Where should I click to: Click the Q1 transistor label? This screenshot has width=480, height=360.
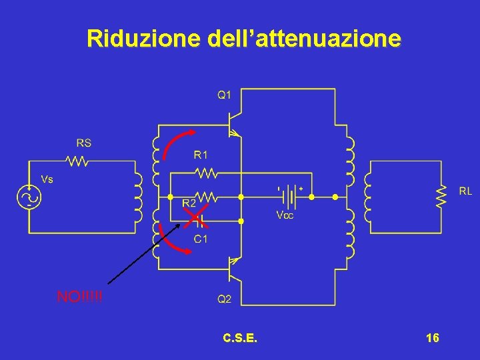224,95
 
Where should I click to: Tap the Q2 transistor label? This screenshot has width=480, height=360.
224,299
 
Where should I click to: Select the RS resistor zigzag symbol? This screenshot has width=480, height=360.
78,160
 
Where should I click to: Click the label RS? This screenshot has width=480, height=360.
84,143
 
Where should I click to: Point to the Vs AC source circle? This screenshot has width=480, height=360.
29,197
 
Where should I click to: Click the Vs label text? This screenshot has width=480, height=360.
47,179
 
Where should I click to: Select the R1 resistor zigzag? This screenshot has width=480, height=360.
205,173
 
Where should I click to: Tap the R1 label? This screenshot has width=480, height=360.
201,155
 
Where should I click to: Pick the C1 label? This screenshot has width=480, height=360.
201,238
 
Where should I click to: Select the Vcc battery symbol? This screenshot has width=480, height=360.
289,197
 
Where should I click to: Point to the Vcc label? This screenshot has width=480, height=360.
284,215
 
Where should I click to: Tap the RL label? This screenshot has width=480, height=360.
465,191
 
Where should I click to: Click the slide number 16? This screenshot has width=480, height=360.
432,338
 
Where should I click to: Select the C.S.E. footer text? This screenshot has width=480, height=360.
241,338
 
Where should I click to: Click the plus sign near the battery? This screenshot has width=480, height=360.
301,189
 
